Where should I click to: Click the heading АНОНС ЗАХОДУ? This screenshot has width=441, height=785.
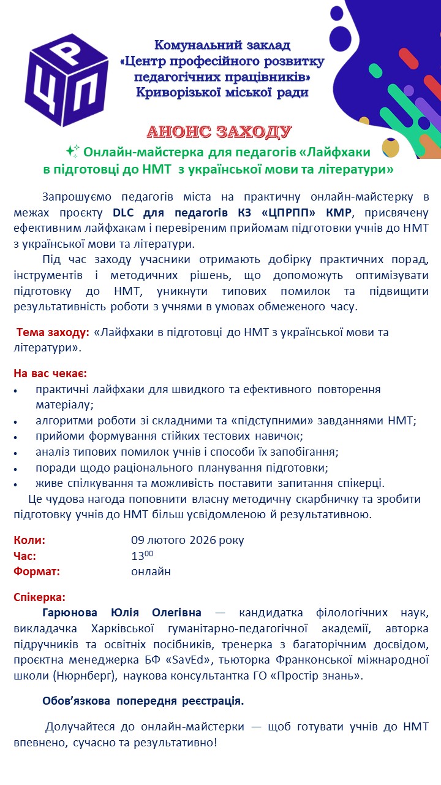tap(219, 132)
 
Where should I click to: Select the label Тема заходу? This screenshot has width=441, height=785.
tap(53, 332)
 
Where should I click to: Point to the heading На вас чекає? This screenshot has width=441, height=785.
tap(50, 373)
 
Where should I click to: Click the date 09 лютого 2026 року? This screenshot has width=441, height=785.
tap(187, 540)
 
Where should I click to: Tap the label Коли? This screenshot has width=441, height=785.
tap(29, 540)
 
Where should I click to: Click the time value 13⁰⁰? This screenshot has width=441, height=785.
tap(142, 556)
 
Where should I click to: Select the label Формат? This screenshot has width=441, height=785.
tap(37, 572)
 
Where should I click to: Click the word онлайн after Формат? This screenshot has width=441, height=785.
tap(151, 572)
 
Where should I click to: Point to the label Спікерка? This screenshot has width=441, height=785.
tap(39, 597)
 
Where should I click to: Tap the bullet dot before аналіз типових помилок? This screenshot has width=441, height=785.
tap(16, 453)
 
